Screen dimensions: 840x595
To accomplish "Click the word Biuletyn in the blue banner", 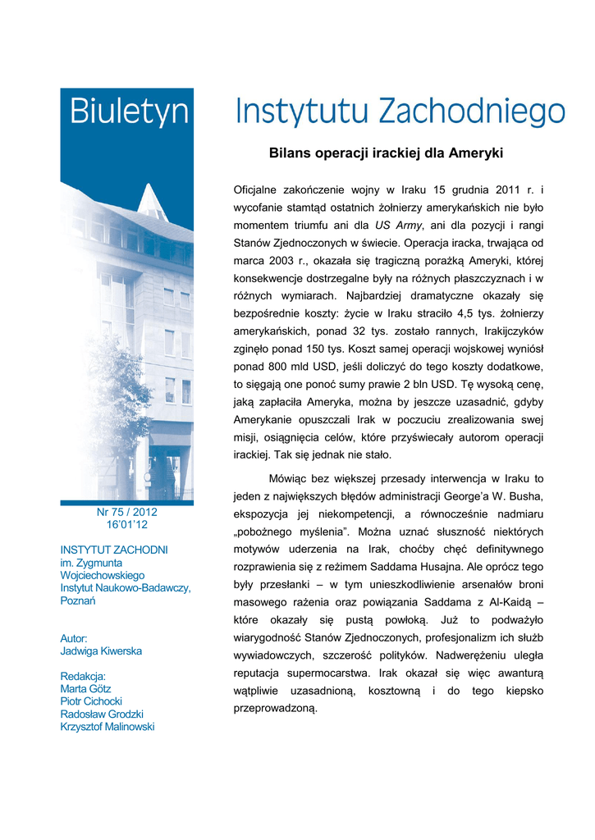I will tap(129, 112).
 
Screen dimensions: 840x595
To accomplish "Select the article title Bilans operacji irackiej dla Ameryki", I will tap(386, 153).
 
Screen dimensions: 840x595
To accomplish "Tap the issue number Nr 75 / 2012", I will tap(126, 512).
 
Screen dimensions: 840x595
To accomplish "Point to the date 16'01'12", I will tap(126, 525).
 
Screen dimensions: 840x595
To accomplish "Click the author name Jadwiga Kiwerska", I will tap(101, 651).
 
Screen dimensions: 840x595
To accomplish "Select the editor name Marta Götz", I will tap(85, 689).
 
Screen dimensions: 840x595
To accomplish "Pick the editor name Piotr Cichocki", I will tap(91, 701).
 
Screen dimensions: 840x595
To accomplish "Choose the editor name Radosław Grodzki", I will tap(102, 714).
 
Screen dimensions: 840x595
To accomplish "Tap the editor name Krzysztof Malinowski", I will tap(108, 727).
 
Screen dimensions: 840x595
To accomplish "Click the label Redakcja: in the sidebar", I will tap(83, 676).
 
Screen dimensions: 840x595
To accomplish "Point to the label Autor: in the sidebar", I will tap(74, 638).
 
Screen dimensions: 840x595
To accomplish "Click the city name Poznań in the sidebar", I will tap(78, 600).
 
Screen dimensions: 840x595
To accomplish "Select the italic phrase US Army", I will tap(398, 226).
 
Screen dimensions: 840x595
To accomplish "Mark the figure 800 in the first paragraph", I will tap(276, 367).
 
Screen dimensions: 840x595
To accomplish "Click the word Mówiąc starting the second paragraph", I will tap(294, 478).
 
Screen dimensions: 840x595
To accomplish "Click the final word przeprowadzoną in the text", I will tap(275, 710).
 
